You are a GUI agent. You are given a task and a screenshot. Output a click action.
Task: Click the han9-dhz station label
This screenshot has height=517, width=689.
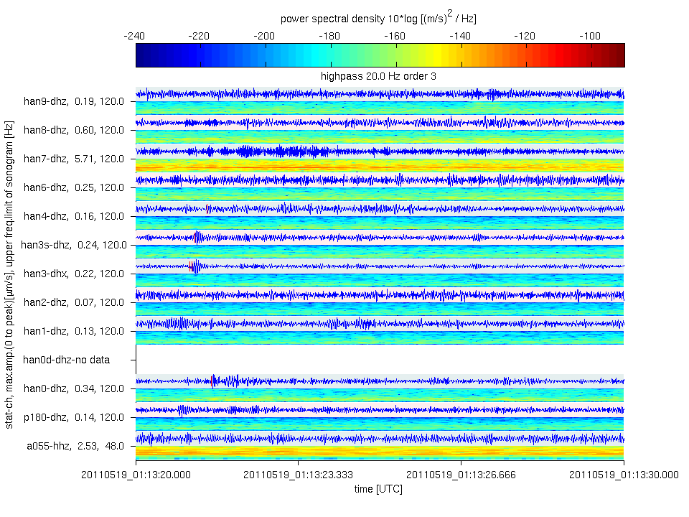(74, 101)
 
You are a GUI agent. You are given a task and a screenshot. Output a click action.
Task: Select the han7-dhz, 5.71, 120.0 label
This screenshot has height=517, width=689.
(74, 159)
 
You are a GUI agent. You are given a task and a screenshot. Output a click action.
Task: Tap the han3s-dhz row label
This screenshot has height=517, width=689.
(74, 245)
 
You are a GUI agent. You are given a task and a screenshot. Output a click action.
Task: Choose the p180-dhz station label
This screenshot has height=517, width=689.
(74, 417)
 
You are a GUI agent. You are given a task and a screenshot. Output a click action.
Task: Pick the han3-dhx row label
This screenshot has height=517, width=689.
(74, 274)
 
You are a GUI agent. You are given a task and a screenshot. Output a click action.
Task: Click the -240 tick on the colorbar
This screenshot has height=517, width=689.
(136, 35)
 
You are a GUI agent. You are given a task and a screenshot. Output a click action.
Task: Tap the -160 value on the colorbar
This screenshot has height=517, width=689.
(395, 35)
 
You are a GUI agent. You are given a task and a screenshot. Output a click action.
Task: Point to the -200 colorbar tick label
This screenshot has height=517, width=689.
(266, 35)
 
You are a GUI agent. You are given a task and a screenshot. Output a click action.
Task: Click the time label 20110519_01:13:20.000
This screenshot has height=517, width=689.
(136, 474)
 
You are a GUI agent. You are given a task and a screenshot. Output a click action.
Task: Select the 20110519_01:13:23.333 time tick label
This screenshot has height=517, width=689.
(299, 474)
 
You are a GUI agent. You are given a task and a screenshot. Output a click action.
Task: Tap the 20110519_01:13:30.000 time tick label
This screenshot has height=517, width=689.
(623, 474)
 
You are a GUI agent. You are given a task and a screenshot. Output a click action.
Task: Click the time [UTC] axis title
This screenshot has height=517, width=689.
(378, 489)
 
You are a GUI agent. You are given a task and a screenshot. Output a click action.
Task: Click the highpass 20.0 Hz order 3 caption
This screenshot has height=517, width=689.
(379, 75)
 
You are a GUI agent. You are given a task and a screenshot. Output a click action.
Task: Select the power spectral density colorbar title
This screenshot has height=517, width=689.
(379, 17)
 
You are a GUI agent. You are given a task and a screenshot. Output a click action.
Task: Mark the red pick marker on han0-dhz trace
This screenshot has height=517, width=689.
(212, 380)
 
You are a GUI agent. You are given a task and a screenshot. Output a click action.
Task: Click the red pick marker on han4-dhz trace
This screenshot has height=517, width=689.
(207, 208)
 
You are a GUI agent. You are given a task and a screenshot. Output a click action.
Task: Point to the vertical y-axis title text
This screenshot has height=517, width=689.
(9, 273)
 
